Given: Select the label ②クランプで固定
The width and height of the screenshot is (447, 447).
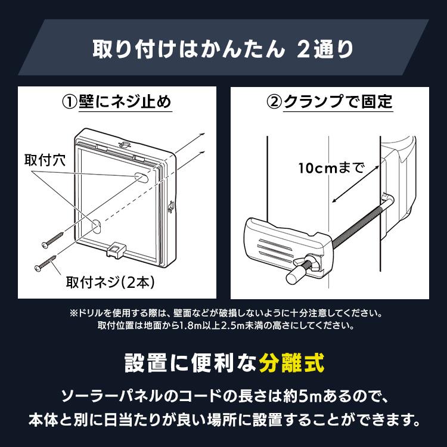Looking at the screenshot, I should point(330,102).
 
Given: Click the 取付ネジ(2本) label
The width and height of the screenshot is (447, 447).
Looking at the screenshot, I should point(99,278).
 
